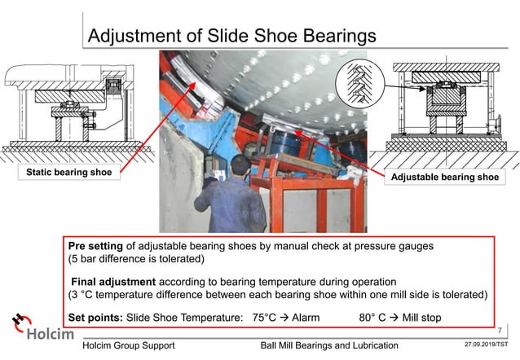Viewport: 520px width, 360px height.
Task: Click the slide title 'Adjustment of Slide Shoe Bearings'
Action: click(231, 37)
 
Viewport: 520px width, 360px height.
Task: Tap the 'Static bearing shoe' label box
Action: click(63, 173)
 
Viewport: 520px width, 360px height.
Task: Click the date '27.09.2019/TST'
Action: click(484, 345)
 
